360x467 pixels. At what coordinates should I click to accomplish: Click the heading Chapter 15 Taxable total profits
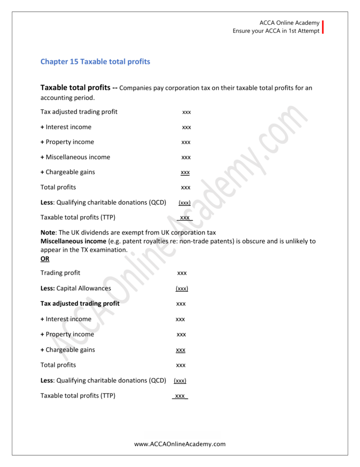[95, 62]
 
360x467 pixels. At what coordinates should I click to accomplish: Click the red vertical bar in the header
[323, 27]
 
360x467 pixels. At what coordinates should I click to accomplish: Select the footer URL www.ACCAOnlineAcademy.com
[180, 444]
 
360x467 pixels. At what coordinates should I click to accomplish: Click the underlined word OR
[45, 259]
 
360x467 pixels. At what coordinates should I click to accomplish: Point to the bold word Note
[47, 233]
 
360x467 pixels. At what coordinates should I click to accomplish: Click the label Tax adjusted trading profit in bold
[80, 303]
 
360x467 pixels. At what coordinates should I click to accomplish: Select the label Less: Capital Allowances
[76, 288]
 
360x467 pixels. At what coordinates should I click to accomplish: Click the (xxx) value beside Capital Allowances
[182, 289]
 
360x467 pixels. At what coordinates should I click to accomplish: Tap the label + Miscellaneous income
[75, 157]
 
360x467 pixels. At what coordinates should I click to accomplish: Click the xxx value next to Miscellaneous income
[186, 157]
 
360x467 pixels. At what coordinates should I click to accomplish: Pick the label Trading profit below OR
[60, 273]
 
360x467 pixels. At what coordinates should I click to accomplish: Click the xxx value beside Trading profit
[182, 273]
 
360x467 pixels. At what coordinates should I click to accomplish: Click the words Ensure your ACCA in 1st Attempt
[276, 31]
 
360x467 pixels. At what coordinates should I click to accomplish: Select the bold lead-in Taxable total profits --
[79, 88]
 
